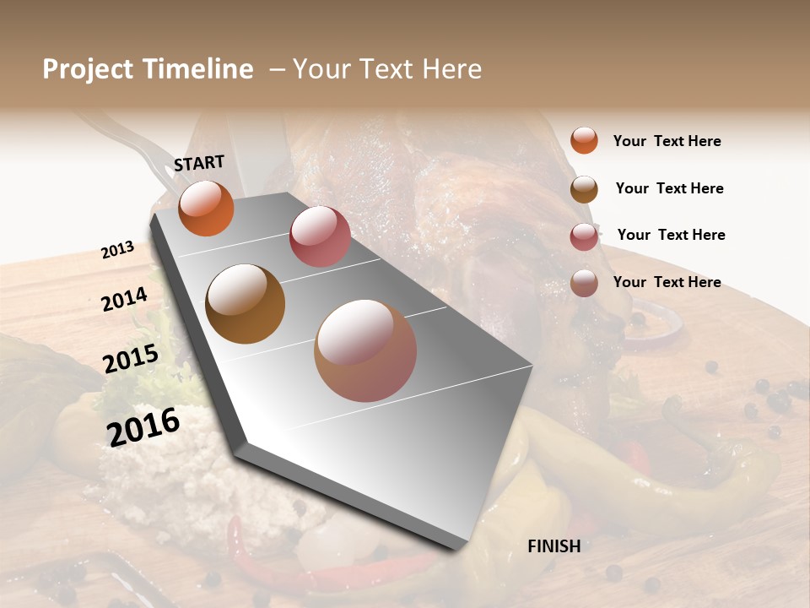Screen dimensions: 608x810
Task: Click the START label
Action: point(199,163)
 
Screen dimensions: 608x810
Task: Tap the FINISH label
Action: point(553,546)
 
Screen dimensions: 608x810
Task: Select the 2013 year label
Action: point(117,250)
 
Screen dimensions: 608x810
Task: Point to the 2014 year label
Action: point(124,299)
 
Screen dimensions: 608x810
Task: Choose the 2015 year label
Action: point(131,359)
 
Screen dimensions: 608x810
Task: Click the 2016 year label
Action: point(143,426)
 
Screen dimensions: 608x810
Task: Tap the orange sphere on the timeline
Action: point(206,208)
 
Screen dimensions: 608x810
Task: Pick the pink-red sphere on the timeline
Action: point(320,236)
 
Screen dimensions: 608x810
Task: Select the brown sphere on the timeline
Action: point(245,304)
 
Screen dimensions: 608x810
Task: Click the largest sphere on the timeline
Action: point(365,350)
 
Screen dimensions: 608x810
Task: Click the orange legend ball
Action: point(584,140)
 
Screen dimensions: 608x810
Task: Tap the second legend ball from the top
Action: point(584,189)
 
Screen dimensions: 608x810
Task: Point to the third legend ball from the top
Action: point(584,236)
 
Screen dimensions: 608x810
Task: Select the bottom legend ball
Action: point(584,283)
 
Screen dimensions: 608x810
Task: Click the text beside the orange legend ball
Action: point(667,141)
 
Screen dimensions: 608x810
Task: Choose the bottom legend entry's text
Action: point(667,282)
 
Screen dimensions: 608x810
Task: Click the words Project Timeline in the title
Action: point(148,69)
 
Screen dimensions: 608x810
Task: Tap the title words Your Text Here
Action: point(387,69)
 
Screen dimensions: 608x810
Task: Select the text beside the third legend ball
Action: point(671,235)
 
